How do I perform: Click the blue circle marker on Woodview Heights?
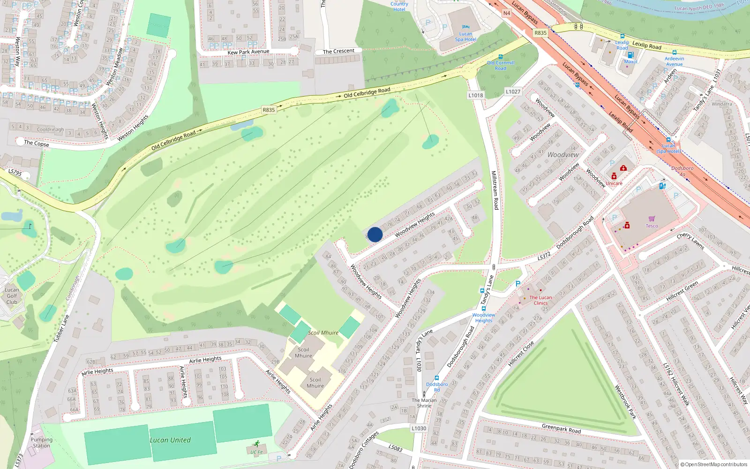375,234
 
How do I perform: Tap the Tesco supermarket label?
652,226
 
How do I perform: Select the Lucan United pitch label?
170,440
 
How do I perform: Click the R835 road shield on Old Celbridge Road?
269,110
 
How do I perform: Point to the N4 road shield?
507,14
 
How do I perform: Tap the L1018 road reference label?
475,95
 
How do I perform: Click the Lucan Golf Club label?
12,296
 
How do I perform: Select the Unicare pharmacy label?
614,183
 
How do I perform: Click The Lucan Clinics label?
540,300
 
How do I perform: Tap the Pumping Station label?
41,443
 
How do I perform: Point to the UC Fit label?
256,452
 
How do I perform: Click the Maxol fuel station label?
630,61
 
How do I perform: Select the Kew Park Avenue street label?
248,52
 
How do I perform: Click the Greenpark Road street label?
561,429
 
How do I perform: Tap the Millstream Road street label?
495,190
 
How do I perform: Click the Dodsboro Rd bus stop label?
437,387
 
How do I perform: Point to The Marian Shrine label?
424,403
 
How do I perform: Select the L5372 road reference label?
544,257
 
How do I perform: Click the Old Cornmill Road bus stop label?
501,65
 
